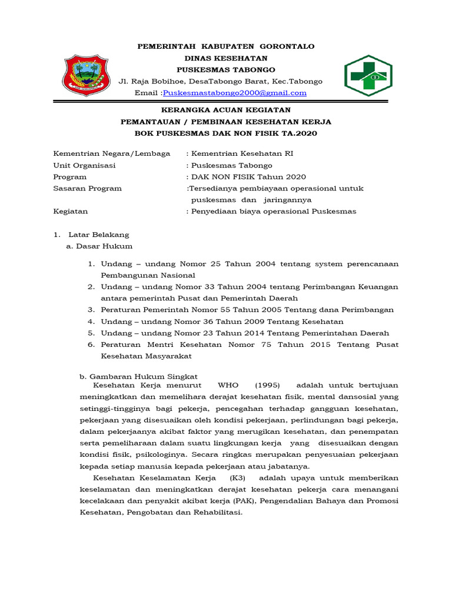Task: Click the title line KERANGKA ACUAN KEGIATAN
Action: [226, 110]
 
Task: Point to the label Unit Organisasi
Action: [84, 165]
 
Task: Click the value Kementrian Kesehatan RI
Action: [241, 153]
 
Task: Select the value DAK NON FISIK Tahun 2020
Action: [247, 177]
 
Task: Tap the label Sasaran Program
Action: [87, 189]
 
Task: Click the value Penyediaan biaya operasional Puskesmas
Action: [272, 212]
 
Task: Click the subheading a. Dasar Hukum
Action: [99, 246]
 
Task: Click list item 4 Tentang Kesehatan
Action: [222, 322]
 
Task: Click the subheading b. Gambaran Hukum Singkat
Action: [138, 376]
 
